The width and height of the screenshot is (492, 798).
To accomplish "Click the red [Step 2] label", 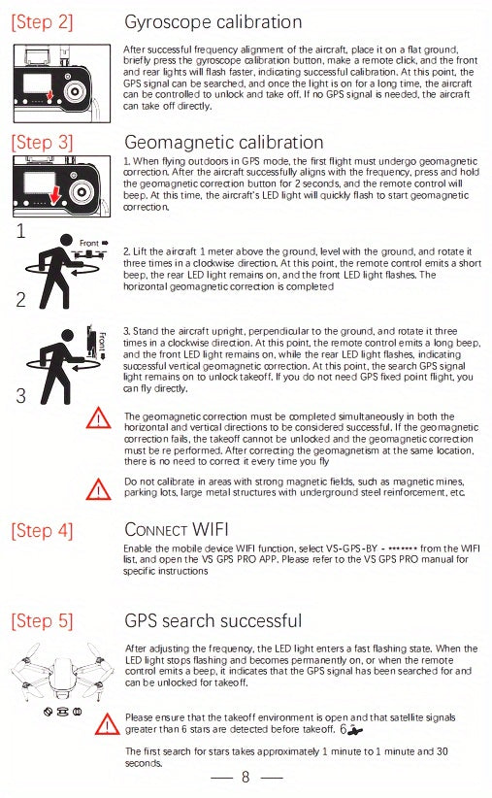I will tap(41, 22).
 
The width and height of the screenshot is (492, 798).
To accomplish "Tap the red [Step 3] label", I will tap(41, 144).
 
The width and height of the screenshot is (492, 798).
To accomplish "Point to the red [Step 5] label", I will tap(41, 620).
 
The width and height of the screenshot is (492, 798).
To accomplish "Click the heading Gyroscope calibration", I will tap(213, 22).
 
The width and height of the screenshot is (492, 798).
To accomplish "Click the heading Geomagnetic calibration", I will tap(224, 144).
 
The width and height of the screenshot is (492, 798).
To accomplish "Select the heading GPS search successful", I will tap(213, 620).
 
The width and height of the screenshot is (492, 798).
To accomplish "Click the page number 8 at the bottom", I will tap(246, 777).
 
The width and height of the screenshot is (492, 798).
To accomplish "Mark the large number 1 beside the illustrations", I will tap(20, 232).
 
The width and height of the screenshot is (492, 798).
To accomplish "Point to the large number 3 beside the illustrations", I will tap(20, 395).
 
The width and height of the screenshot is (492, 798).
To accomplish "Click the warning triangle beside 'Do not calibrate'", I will tap(99, 489).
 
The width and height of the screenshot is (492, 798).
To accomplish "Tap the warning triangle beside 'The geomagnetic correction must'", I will tap(99, 419).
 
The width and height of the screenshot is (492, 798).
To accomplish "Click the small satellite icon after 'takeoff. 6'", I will tap(356, 729).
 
